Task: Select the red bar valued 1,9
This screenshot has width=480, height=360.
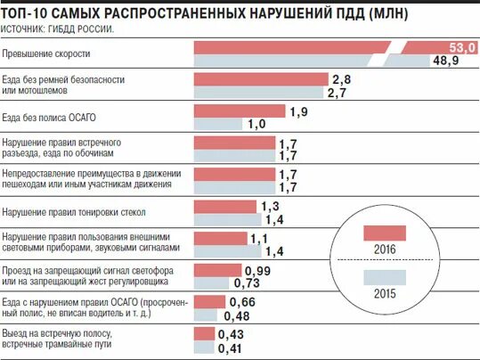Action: point(239,110)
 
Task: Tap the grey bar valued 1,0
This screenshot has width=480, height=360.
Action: point(219,124)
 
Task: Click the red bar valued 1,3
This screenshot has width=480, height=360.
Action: point(226,207)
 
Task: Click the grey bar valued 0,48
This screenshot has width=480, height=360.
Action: point(207,315)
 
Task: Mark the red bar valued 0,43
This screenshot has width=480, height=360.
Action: point(205,333)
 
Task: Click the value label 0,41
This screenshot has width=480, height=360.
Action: point(230,348)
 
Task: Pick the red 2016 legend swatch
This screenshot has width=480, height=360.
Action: point(385,233)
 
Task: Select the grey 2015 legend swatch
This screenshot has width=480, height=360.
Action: point(385,277)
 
